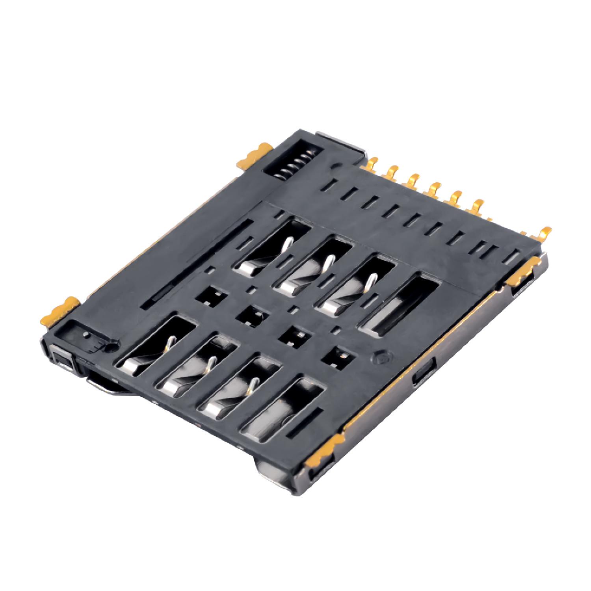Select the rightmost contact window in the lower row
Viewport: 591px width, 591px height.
283,410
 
